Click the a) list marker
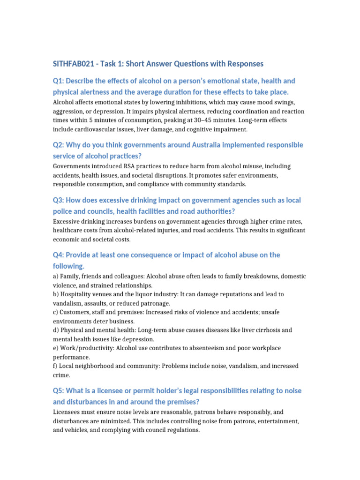tap(56, 276)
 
